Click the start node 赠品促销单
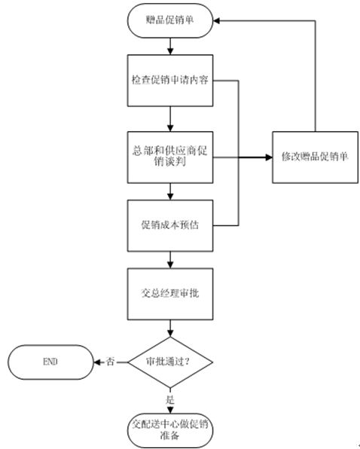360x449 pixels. pos(170,20)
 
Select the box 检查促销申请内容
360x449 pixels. pos(170,81)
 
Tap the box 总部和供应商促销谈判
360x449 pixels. pos(170,157)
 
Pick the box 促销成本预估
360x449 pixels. pos(170,226)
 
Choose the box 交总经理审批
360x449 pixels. pos(170,294)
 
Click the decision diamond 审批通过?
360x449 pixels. pos(170,362)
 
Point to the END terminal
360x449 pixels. pos(50,362)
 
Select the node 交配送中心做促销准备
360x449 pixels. pos(170,431)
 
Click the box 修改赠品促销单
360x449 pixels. pos(315,157)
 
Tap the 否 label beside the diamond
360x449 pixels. pos(110,362)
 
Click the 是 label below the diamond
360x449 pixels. pos(170,400)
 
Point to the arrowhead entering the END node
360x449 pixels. pos(97,362)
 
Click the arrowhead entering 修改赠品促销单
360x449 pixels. pos(269,157)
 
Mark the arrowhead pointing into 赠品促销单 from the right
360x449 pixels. pos(217,20)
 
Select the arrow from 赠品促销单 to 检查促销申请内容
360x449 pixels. pos(170,46)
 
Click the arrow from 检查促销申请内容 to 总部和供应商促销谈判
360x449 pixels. pos(170,119)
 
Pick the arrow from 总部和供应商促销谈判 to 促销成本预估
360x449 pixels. pos(170,191)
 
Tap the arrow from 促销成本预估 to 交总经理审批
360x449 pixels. pos(170,260)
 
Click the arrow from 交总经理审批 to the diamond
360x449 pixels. pos(170,328)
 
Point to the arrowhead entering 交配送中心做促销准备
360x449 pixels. pos(170,410)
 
